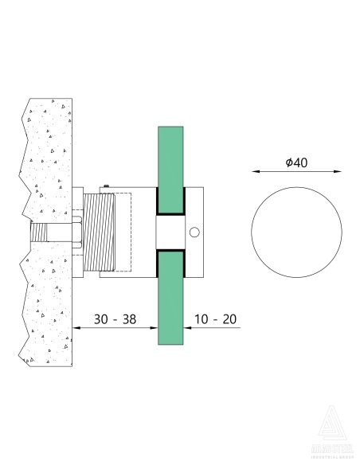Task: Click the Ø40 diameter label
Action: (x=296, y=162)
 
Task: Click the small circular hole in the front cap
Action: (x=194, y=232)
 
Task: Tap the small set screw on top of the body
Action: (x=104, y=188)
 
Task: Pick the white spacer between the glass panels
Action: (x=170, y=232)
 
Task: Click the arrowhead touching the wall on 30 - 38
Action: (x=76, y=327)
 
